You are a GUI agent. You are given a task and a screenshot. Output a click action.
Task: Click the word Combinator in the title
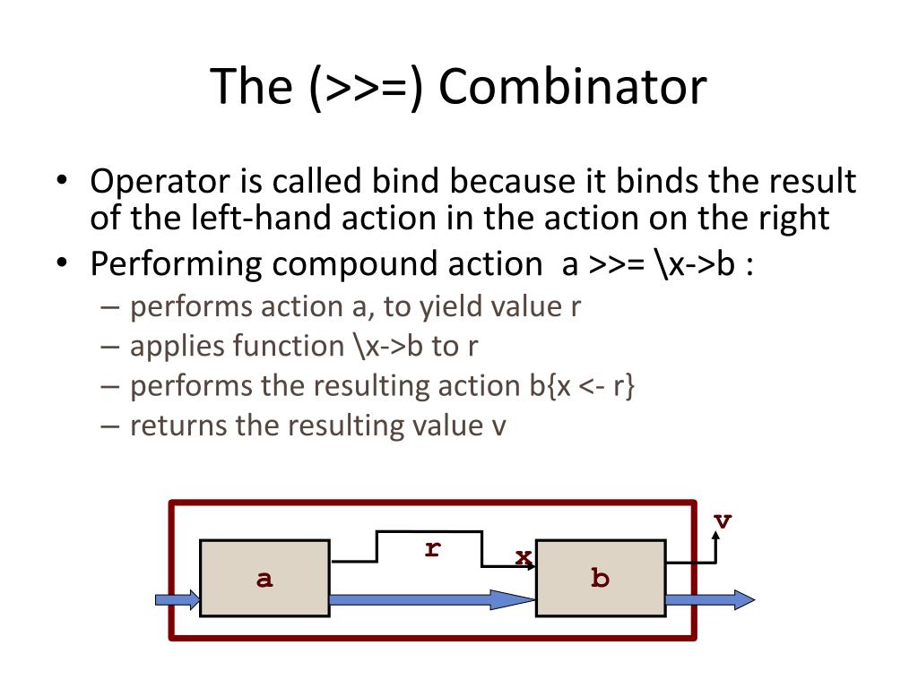pyautogui.click(x=574, y=88)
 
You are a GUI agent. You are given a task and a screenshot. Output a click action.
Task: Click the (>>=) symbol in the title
pyautogui.click(x=368, y=88)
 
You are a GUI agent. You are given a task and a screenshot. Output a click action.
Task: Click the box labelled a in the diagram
pyautogui.click(x=264, y=578)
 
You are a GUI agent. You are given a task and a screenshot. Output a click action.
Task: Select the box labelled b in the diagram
pyautogui.click(x=600, y=578)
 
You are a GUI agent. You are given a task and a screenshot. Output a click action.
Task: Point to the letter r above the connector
pyautogui.click(x=433, y=549)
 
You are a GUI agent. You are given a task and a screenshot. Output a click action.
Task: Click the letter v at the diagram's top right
pyautogui.click(x=723, y=520)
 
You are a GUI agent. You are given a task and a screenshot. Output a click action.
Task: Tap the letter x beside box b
pyautogui.click(x=523, y=557)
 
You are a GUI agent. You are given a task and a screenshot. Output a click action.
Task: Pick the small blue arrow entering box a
pyautogui.click(x=178, y=599)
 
